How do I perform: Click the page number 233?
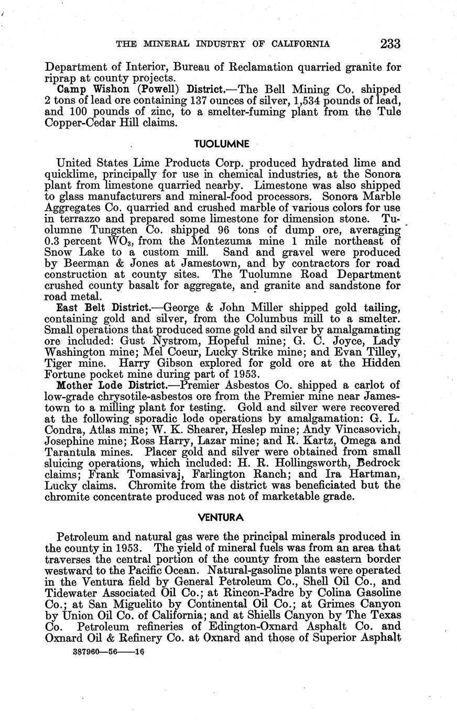[390, 44]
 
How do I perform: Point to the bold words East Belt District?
[92, 308]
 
